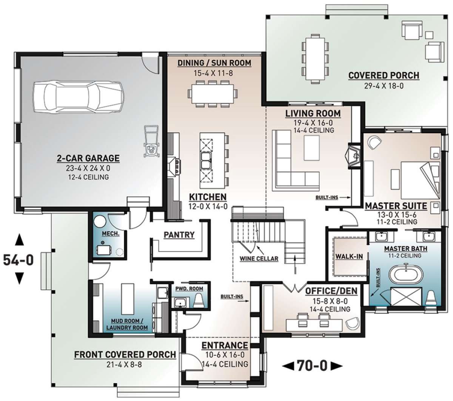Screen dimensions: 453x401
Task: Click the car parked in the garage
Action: pyautogui.click(x=78, y=97)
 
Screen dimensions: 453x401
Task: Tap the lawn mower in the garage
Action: pyautogui.click(x=151, y=141)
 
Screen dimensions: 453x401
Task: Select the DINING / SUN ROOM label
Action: pyautogui.click(x=214, y=63)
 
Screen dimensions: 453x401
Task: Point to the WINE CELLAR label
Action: pyautogui.click(x=259, y=259)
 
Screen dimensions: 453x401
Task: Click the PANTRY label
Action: pyautogui.click(x=179, y=235)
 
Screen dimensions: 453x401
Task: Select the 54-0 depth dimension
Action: pyautogui.click(x=18, y=260)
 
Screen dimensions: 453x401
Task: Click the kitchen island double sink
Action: pyautogui.click(x=206, y=161)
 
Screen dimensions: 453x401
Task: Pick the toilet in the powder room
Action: pyautogui.click(x=199, y=300)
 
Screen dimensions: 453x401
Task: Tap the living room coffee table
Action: pyautogui.click(x=311, y=148)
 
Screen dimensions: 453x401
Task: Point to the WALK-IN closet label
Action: pyautogui.click(x=349, y=257)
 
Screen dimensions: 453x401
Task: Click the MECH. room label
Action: pyautogui.click(x=111, y=234)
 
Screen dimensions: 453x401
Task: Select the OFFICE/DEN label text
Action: pyautogui.click(x=331, y=291)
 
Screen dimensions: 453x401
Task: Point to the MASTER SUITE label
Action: pyautogui.click(x=396, y=206)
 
